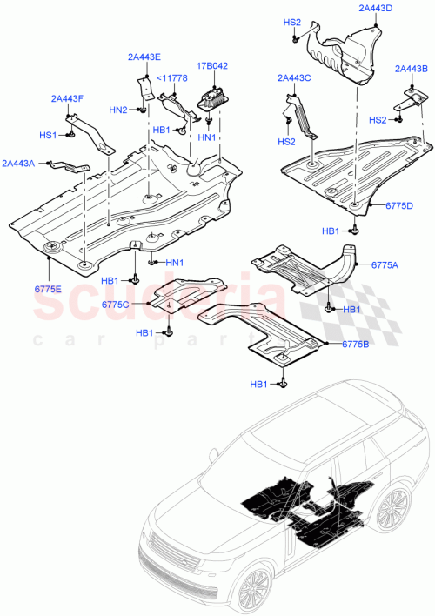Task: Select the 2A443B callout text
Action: point(411,69)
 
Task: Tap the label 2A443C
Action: point(294,78)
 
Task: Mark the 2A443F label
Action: point(68,98)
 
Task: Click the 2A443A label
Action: point(18,163)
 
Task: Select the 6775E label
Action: point(50,287)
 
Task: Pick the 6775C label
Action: point(115,304)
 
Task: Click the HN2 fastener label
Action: point(118,110)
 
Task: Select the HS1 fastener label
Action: point(47,136)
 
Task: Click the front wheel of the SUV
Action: point(258,592)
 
